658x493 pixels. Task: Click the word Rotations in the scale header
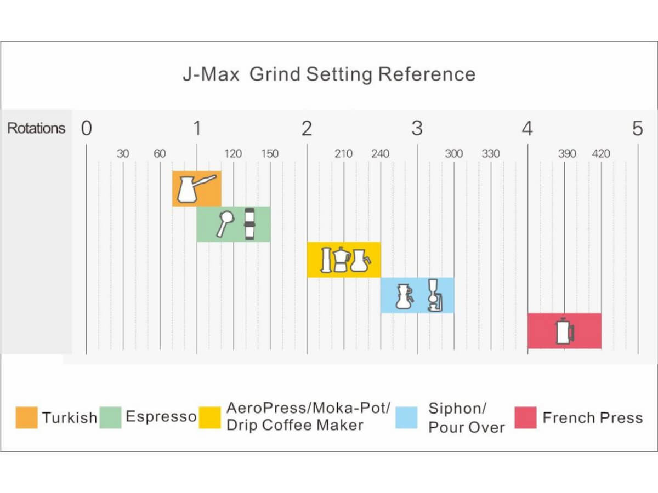point(36,128)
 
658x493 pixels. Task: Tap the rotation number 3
point(417,128)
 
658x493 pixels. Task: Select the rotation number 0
point(86,128)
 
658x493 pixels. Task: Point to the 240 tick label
point(381,153)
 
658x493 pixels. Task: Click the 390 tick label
point(567,153)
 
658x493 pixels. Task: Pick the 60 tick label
point(160,153)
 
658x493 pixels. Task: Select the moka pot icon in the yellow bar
point(341,260)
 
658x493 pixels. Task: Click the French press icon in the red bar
point(565,331)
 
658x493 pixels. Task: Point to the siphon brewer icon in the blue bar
point(435,295)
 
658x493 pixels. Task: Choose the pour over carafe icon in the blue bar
point(405,296)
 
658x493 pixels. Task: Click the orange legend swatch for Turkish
point(27,417)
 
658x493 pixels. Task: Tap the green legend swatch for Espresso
point(110,417)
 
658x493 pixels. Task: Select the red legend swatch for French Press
point(525,417)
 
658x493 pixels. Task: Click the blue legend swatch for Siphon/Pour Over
point(406,417)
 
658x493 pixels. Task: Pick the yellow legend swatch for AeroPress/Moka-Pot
point(210,417)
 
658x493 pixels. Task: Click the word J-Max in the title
point(211,74)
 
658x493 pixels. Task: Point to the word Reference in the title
point(427,74)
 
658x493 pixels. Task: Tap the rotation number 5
point(638,128)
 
